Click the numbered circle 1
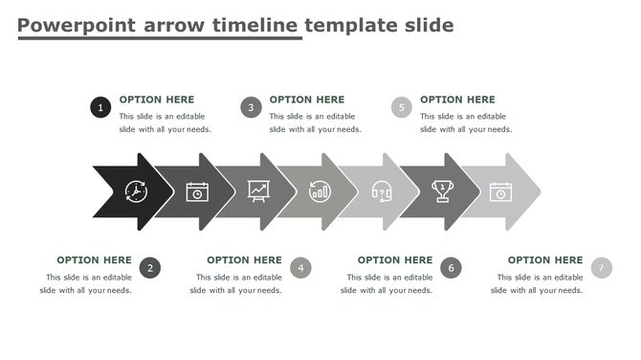100,108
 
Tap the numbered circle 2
149,268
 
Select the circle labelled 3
251,108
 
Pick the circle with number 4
300,268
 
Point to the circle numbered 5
402,108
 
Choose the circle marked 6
451,268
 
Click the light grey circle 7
601,268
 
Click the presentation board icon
258,191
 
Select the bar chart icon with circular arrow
320,191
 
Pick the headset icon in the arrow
381,191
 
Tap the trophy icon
442,191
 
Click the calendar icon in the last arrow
501,191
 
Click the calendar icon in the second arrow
197,191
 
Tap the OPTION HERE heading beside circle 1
156,100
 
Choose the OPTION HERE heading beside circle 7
544,259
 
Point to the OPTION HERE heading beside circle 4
244,259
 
